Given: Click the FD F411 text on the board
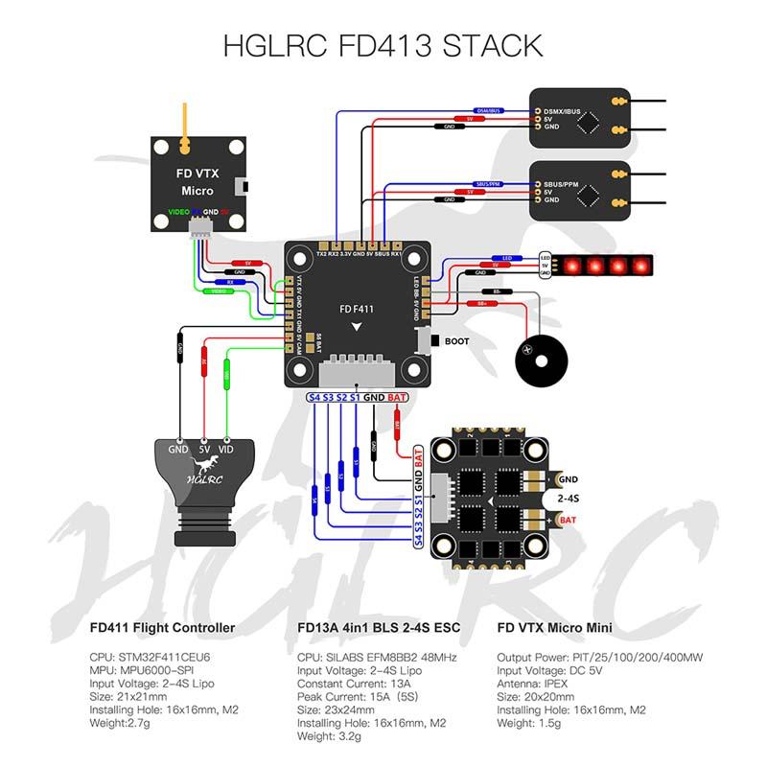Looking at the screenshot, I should click(357, 309).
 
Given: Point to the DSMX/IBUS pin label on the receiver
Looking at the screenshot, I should click(562, 112).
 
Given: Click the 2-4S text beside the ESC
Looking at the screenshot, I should click(578, 499).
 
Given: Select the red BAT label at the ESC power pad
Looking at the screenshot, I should click(568, 520).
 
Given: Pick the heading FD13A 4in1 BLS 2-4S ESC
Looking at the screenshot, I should click(379, 628).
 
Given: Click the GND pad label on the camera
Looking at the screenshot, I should click(179, 448).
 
